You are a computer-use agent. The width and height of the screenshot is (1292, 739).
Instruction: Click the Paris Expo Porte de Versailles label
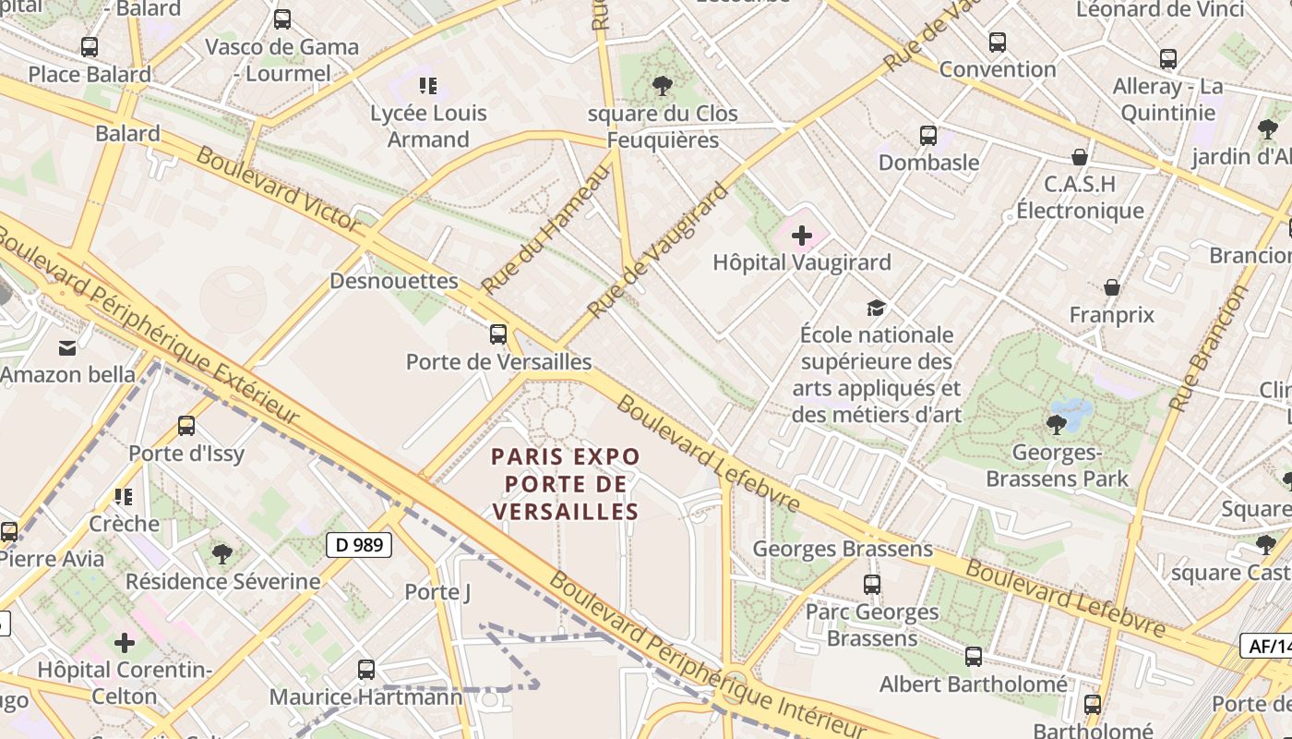(x=565, y=484)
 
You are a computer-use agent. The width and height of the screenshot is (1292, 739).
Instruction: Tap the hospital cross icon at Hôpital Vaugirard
(x=802, y=236)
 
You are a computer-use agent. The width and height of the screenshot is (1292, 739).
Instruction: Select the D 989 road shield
(x=359, y=545)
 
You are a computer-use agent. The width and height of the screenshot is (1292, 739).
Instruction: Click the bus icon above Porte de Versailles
(x=498, y=334)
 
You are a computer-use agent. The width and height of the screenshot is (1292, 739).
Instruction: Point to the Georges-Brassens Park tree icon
(x=1056, y=425)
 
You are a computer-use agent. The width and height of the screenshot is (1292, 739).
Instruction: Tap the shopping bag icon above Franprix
(x=1112, y=288)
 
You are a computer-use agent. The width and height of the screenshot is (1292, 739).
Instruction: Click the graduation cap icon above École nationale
(x=875, y=308)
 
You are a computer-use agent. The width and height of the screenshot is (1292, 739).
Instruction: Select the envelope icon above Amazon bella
(x=67, y=348)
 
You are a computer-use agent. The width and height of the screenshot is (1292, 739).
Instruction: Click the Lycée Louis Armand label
(x=428, y=126)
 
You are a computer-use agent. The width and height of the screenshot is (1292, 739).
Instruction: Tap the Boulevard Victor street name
(x=278, y=189)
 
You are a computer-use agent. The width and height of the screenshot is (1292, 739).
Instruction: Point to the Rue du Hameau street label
(x=546, y=229)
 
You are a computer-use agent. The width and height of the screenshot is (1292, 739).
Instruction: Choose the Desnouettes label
(x=394, y=281)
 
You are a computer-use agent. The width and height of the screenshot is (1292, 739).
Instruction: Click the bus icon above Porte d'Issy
(x=186, y=426)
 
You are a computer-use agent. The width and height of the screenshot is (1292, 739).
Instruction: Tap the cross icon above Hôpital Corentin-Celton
(x=125, y=643)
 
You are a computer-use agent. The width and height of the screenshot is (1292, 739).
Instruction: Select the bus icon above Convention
(x=997, y=42)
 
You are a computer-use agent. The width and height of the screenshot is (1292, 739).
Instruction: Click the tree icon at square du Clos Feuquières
(x=662, y=87)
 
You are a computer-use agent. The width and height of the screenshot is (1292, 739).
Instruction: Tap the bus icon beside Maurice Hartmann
(x=366, y=670)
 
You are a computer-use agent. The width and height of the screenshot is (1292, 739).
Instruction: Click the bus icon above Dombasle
(x=928, y=136)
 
